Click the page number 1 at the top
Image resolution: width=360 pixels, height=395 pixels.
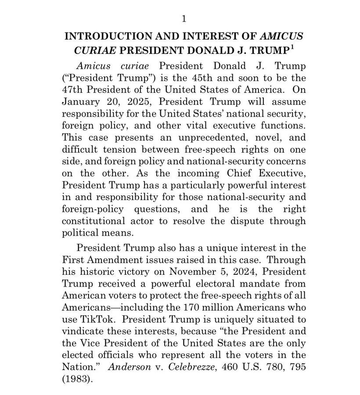tap(184, 18)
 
